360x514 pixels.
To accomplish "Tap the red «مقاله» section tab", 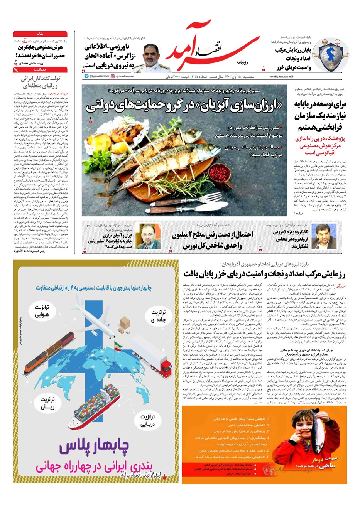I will pos(40,34).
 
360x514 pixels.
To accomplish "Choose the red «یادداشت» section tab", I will pos(40,69).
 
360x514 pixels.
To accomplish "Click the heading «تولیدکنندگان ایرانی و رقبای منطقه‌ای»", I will pos(41,82).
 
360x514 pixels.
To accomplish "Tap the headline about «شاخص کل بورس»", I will pos(212,240).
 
